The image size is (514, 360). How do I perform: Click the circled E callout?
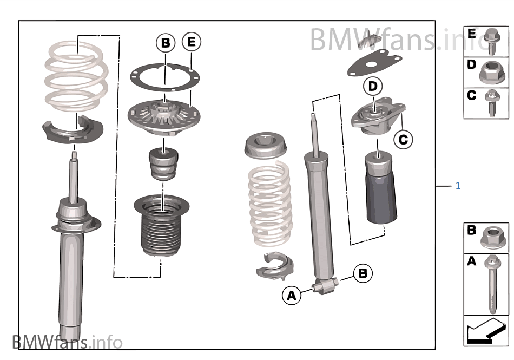point(191,42)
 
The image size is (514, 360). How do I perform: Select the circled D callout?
point(372,86)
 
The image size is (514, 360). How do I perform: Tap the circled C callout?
point(403,140)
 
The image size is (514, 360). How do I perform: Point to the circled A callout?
point(292,295)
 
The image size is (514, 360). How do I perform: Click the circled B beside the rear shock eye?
point(363,273)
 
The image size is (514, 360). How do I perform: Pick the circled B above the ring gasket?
point(166,42)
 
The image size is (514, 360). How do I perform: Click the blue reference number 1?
point(458,186)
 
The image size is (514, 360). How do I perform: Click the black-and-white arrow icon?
point(486,331)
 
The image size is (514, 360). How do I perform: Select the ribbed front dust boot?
point(162,227)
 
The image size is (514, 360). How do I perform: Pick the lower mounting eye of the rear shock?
point(324,286)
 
